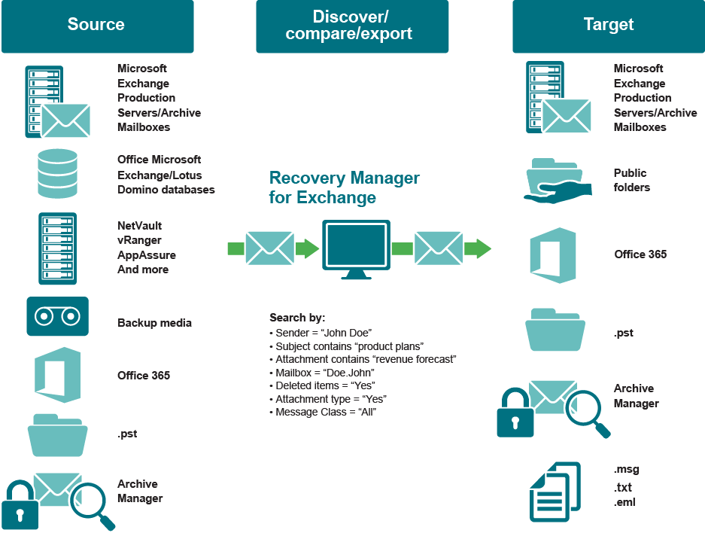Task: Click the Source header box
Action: pos(97,26)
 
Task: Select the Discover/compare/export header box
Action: pos(352,26)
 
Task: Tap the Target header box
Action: pos(608,26)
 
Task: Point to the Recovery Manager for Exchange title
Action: pos(344,188)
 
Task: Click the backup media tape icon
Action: pos(57,316)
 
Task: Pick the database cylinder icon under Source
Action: pos(58,173)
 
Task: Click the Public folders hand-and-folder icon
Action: pos(555,181)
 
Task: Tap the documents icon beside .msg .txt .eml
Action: pos(555,491)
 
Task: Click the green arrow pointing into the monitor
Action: pos(306,248)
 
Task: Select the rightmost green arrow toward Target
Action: pos(477,248)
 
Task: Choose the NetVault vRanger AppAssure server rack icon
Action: pos(58,248)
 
